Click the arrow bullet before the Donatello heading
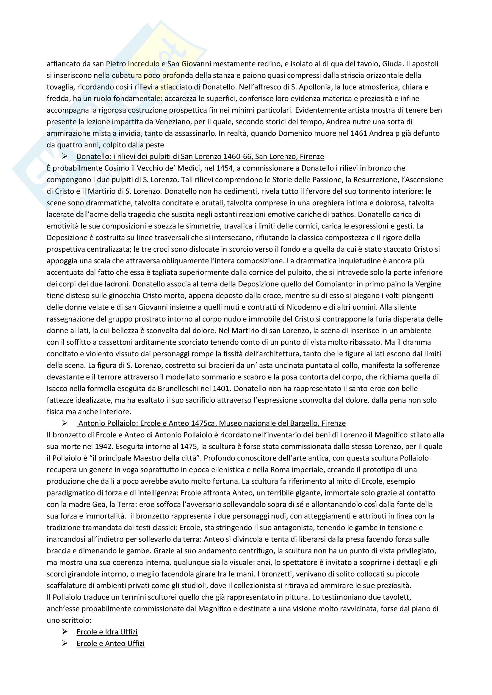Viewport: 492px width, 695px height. point(65,157)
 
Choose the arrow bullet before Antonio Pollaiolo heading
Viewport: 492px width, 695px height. point(65,423)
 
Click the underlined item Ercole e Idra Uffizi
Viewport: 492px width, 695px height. point(107,632)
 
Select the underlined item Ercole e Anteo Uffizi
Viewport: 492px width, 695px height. point(110,644)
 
